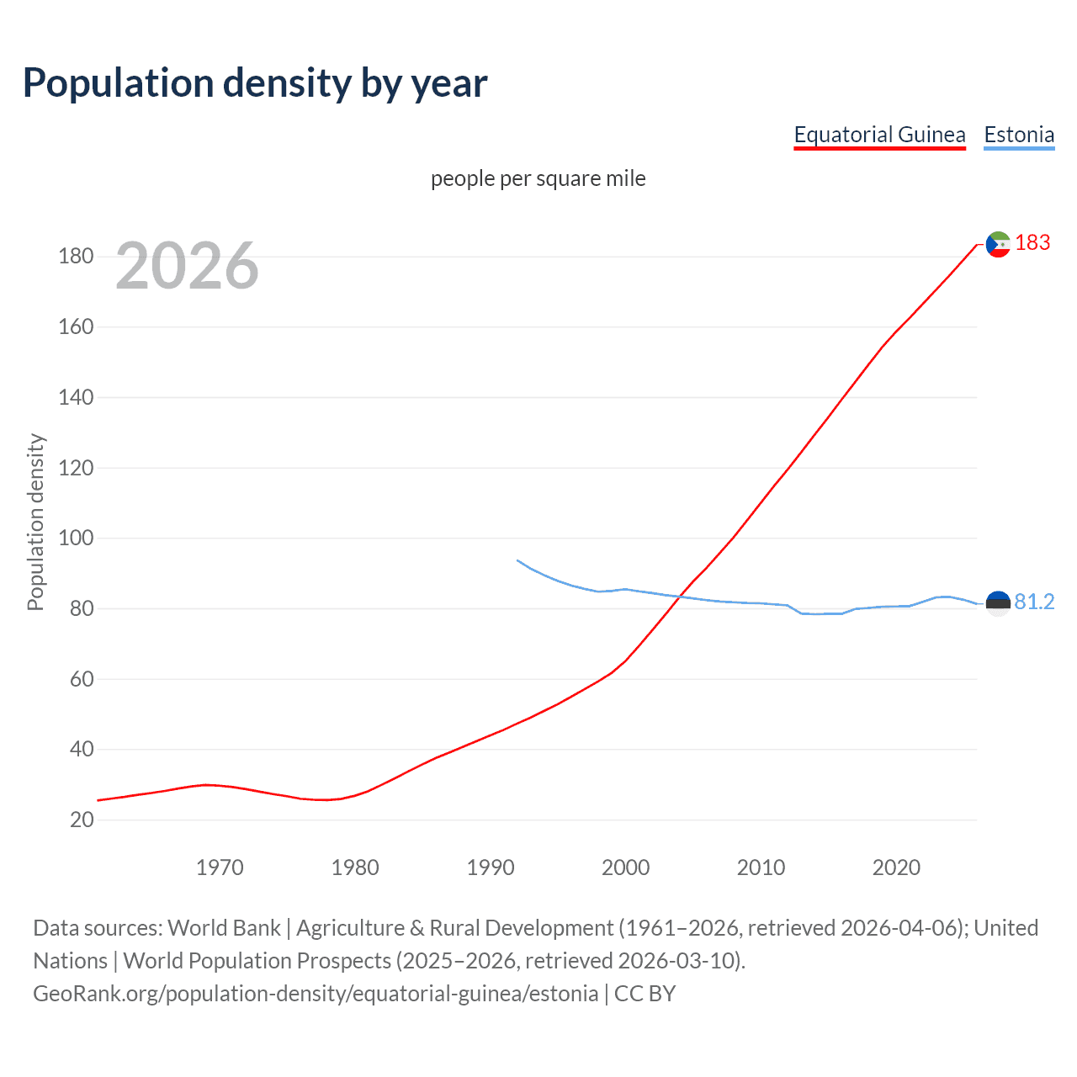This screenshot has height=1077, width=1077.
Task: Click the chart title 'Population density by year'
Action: point(255,83)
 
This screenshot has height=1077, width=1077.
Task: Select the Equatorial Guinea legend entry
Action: point(879,135)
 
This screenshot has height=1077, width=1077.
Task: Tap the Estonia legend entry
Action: point(1019,135)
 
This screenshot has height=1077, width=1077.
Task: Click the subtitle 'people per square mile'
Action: point(538,178)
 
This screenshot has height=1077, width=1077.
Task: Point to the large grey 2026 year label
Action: point(187,266)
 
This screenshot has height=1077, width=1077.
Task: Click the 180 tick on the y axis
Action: point(76,256)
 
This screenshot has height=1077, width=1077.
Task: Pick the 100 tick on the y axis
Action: point(76,538)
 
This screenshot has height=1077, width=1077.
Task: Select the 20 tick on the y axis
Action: point(82,820)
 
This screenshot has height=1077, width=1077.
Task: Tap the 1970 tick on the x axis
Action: point(220,867)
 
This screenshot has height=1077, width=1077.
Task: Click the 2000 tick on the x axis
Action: point(625,867)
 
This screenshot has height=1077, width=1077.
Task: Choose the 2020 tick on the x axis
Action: point(896,867)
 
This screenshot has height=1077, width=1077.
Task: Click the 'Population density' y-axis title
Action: point(35,522)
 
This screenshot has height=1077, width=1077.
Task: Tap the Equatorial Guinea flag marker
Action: point(998,244)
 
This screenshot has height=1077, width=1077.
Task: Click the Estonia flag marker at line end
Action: point(998,603)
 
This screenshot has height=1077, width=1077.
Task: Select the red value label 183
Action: point(1032,242)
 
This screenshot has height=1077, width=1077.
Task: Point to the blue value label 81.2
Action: point(1034,602)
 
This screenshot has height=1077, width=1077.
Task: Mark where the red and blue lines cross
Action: point(679,597)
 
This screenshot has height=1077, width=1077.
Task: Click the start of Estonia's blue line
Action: point(517,560)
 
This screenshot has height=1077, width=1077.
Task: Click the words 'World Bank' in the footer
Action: point(224,927)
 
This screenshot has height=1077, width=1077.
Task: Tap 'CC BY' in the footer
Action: point(645,994)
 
